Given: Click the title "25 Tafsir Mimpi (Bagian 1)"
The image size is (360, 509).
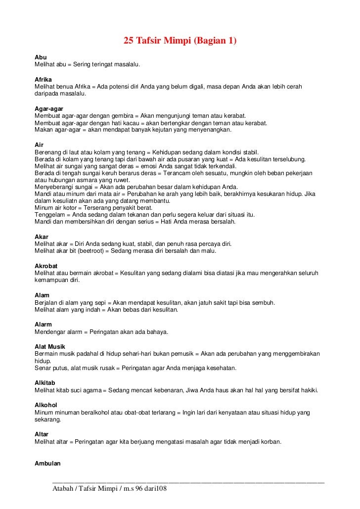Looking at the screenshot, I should pos(180,41).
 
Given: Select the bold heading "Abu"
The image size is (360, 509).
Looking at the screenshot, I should pos(41,57).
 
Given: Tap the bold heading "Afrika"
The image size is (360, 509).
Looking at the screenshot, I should pos(43,79).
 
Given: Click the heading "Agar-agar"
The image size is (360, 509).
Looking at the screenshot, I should pos(49,108).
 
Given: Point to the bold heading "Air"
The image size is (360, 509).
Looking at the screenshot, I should pos(39,144).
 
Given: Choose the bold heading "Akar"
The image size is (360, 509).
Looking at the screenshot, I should pos(42,237).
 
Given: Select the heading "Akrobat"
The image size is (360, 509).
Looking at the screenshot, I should pos(46,266).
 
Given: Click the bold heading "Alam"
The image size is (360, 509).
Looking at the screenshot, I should pos(42,295).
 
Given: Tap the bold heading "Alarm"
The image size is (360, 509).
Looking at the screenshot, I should pos(43,324).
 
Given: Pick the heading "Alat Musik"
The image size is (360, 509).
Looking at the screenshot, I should pos(50,347).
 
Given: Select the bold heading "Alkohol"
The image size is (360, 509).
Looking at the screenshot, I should pos(46,405).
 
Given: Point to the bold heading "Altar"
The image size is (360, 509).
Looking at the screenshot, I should pos(42,434).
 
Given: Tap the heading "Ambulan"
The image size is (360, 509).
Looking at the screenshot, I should pos(47,463).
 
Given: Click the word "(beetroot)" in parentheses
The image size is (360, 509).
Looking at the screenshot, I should pos(83,251).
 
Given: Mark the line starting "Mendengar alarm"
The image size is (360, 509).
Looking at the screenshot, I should pos(101,332).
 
